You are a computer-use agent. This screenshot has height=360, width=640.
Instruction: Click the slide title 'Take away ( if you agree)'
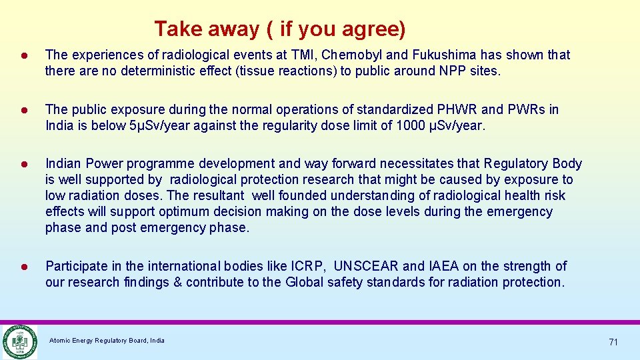click(x=279, y=29)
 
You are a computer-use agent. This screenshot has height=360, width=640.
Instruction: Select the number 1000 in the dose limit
click(x=407, y=125)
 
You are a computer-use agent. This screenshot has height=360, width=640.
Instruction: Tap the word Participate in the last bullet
click(x=75, y=267)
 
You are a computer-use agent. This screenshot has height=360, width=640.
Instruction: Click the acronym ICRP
click(x=308, y=267)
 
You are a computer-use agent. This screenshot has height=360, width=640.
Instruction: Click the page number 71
click(x=613, y=342)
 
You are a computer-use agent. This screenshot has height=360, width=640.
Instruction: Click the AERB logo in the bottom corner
click(x=19, y=341)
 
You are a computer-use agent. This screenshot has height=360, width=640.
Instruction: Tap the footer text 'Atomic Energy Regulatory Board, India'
click(x=107, y=341)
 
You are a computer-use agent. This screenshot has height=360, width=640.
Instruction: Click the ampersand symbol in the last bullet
click(x=177, y=283)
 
